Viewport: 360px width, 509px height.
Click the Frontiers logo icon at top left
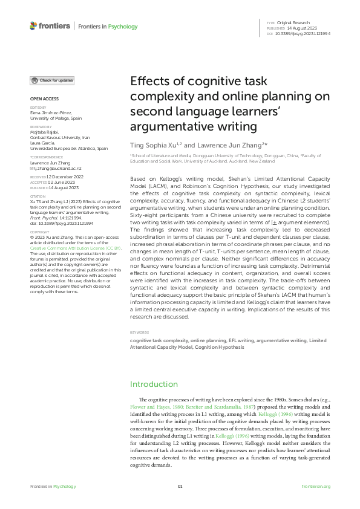[33, 25]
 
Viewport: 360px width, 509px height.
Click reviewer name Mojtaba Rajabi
[45, 130]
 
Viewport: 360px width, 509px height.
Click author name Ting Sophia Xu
[154, 146]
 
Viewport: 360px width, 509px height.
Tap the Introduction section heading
[154, 384]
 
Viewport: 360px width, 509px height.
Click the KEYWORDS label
[140, 332]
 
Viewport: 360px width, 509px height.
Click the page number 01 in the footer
[180, 487]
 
